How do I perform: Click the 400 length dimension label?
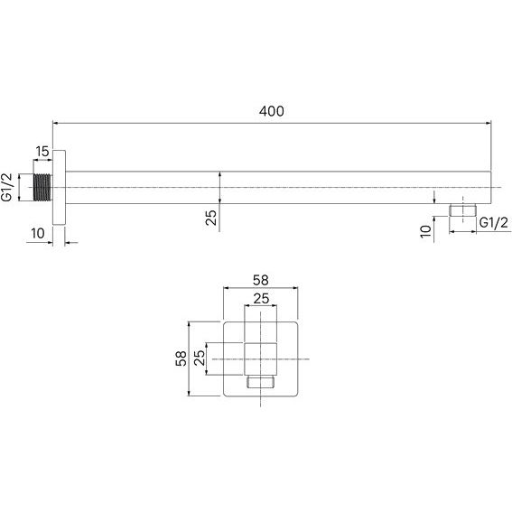point(271,111)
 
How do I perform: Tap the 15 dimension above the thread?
point(42,152)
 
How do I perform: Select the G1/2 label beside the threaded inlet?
point(7,188)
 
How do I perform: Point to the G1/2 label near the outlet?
point(494,223)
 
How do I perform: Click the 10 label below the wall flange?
point(38,234)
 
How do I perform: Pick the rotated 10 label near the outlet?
point(426,231)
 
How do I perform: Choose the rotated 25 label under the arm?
point(211,218)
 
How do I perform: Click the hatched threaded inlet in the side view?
point(42,188)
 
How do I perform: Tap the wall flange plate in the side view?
point(59,188)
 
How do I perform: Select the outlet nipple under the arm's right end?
point(462,210)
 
